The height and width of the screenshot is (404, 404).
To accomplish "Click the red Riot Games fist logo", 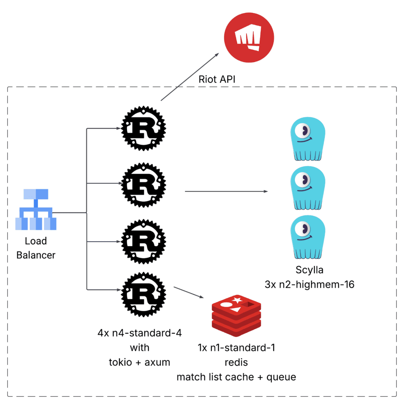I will click(x=249, y=37).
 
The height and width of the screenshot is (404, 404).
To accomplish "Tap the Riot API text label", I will click(x=217, y=79).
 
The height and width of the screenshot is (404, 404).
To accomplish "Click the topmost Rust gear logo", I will click(x=144, y=129).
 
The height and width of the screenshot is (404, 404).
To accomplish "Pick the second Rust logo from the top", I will click(x=144, y=185).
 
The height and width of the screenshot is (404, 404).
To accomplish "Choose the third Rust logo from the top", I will click(x=144, y=242).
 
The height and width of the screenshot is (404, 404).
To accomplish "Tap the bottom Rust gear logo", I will click(x=144, y=295).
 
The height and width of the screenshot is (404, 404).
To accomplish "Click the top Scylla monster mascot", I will click(x=308, y=139).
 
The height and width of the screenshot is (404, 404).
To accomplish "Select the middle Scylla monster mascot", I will click(x=308, y=188).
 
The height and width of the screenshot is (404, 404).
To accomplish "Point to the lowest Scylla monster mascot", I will click(x=308, y=237).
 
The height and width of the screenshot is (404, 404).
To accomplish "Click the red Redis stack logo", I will click(x=237, y=315).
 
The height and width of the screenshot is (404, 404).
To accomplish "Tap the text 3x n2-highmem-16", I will click(x=309, y=285).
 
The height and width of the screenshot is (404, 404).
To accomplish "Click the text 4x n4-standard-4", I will click(x=140, y=333).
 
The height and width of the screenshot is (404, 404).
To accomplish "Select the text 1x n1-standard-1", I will click(x=236, y=348).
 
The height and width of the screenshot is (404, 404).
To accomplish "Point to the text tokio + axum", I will click(x=140, y=362).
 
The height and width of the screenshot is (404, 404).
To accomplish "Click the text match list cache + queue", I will click(x=236, y=377).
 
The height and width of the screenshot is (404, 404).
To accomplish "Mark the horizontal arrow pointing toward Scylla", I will click(x=226, y=191).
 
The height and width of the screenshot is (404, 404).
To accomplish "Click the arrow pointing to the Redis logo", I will click(x=188, y=292).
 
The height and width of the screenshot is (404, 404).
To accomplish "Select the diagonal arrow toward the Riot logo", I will click(x=190, y=77).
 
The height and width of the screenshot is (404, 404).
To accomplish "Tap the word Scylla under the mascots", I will click(x=309, y=270).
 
